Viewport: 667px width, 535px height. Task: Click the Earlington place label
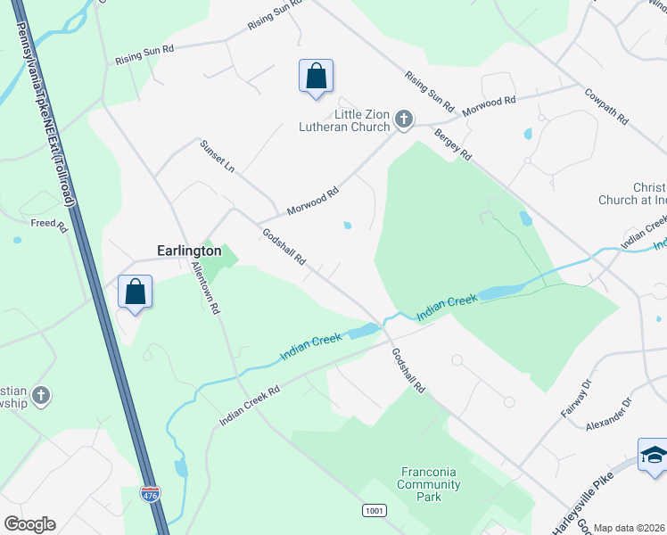click(188, 251)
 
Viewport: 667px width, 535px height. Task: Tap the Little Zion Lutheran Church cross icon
click(404, 119)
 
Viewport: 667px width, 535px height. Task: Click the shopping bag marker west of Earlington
click(135, 292)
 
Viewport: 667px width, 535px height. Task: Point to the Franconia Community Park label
click(430, 484)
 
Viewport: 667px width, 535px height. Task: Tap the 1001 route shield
click(374, 509)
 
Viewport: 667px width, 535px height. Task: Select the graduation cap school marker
click(655, 454)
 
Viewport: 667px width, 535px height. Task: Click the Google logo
click(29, 524)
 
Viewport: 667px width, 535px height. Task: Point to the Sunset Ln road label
click(217, 156)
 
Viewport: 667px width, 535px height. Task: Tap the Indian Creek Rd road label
click(251, 406)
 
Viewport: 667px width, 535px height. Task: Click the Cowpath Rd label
click(607, 105)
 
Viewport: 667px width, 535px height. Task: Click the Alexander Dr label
click(609, 415)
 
